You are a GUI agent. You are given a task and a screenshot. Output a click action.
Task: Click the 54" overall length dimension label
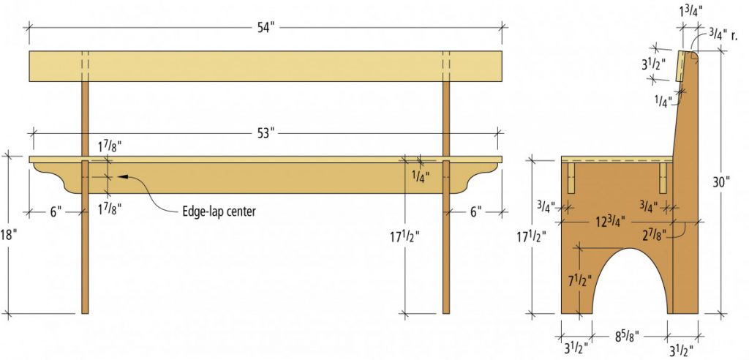pyautogui.click(x=266, y=26)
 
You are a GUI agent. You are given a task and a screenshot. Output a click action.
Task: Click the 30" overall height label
pyautogui.click(x=722, y=181)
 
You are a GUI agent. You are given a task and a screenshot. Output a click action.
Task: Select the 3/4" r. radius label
pyautogui.click(x=722, y=33)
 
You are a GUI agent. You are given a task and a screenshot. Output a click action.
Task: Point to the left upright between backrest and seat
pyautogui.click(x=85, y=117)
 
